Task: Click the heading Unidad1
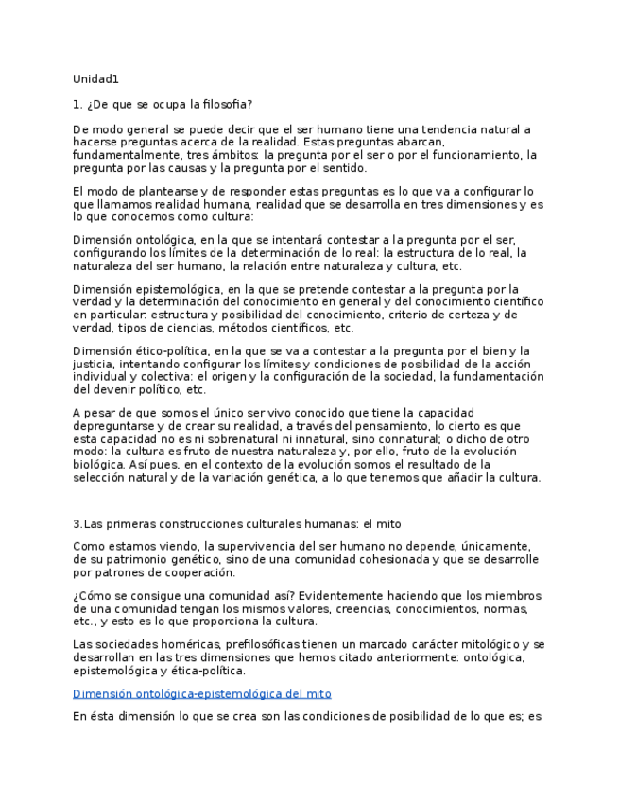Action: [x=95, y=79]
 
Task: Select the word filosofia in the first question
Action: [x=228, y=104]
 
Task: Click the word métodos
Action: [x=220, y=328]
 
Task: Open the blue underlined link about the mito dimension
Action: [x=201, y=693]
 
